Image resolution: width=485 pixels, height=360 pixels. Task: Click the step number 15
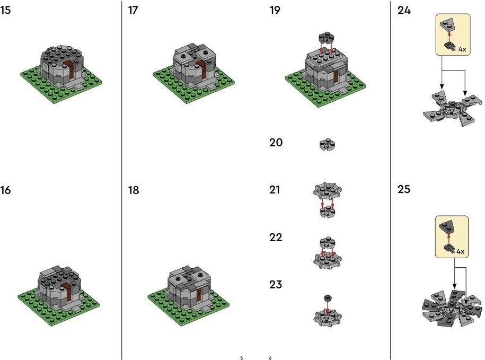5,10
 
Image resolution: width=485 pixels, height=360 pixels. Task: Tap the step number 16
5,190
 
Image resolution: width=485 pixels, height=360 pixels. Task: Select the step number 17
133,10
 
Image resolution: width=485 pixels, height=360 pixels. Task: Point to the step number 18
134,190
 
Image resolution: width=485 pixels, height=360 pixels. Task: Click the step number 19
275,10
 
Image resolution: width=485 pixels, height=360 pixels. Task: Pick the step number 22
276,237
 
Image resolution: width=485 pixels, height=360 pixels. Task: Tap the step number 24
404,10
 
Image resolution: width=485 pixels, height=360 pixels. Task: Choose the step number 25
404,189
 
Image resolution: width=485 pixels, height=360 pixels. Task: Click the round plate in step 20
327,144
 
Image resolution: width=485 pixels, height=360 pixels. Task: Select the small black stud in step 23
327,298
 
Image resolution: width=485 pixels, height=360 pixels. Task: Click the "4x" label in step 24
462,49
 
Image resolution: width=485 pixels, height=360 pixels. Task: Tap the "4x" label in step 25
461,251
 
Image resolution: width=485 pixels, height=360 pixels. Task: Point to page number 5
242,358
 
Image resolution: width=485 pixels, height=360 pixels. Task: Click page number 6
270,358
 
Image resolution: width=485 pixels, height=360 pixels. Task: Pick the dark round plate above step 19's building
327,38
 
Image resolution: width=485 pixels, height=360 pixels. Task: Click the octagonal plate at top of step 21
327,190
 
